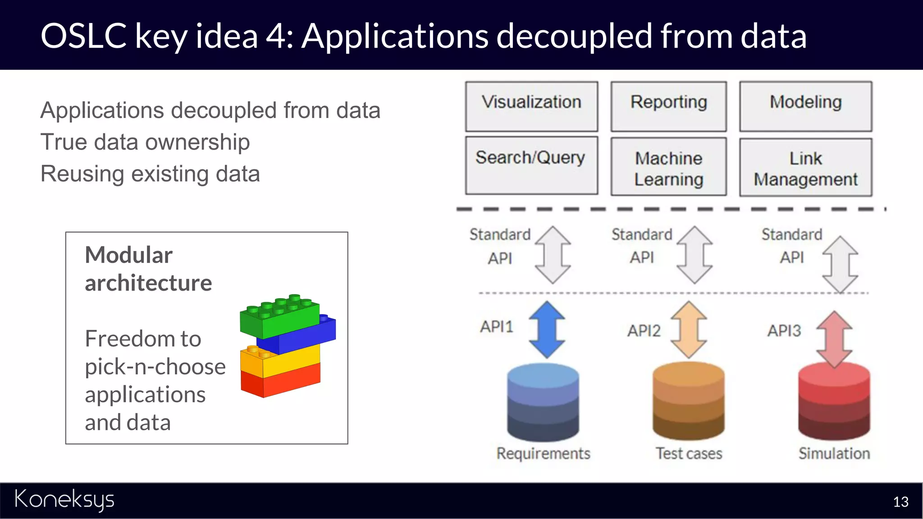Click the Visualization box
click(x=531, y=106)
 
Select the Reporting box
click(x=668, y=106)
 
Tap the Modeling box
click(x=805, y=106)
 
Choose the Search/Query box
click(x=531, y=166)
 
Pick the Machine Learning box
click(x=668, y=167)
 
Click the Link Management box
click(x=805, y=167)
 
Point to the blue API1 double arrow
click(x=547, y=330)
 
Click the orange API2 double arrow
click(x=689, y=330)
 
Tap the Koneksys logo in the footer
click(x=64, y=500)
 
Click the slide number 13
click(x=900, y=502)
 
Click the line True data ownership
click(x=145, y=142)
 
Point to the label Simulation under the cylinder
click(x=834, y=453)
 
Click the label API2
click(x=644, y=331)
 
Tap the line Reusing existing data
click(x=150, y=174)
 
